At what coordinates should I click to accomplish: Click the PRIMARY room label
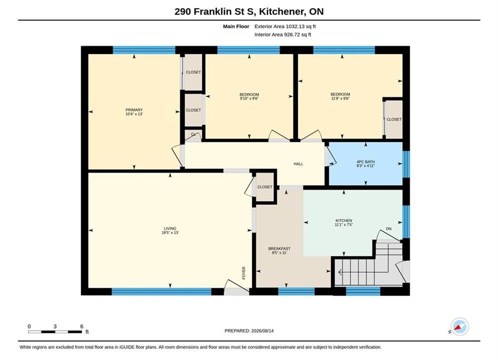(x=134, y=109)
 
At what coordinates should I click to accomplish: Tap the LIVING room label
(x=170, y=228)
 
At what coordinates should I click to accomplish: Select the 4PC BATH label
(x=365, y=162)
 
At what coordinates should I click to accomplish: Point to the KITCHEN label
(x=344, y=220)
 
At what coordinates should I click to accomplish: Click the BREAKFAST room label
(x=279, y=248)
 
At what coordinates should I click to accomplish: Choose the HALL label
(x=298, y=164)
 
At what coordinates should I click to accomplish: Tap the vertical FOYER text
(x=244, y=273)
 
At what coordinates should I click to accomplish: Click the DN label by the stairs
(x=389, y=228)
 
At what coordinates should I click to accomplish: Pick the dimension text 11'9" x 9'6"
(x=340, y=98)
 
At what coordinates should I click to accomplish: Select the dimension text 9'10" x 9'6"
(x=249, y=98)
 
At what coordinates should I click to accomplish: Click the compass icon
(x=459, y=326)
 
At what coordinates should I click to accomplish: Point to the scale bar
(x=55, y=332)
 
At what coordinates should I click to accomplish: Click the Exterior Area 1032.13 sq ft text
(x=285, y=26)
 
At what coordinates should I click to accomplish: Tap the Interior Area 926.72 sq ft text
(x=283, y=34)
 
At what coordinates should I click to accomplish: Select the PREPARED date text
(x=249, y=330)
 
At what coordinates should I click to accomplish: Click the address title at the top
(x=249, y=11)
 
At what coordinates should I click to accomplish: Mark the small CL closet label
(x=193, y=134)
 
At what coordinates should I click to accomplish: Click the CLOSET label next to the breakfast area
(x=265, y=187)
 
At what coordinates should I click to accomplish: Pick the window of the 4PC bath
(x=406, y=164)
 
